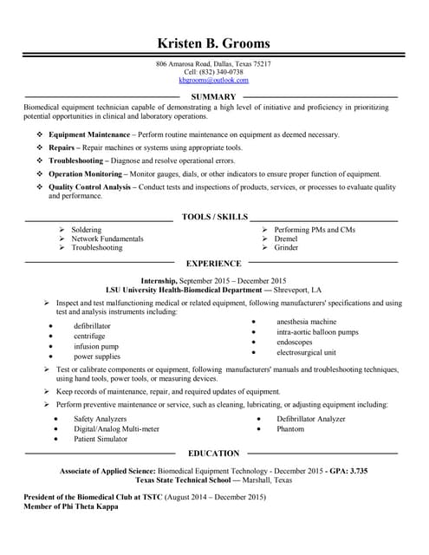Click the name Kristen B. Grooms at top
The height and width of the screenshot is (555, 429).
click(x=213, y=43)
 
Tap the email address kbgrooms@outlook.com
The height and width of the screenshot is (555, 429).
click(x=213, y=80)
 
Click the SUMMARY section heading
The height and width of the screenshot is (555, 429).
click(x=213, y=96)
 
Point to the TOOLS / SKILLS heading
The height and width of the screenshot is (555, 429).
click(x=215, y=216)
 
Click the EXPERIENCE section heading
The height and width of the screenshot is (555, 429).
click(x=214, y=263)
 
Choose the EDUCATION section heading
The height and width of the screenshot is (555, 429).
click(x=213, y=453)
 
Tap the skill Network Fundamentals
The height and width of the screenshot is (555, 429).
click(x=107, y=238)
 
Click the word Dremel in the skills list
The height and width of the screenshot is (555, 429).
click(x=285, y=238)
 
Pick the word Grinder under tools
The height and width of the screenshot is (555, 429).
click(x=286, y=248)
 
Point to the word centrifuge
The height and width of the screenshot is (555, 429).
click(x=89, y=336)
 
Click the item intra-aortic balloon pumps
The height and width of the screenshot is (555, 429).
click(x=317, y=332)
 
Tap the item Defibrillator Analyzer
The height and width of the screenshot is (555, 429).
click(x=311, y=419)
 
